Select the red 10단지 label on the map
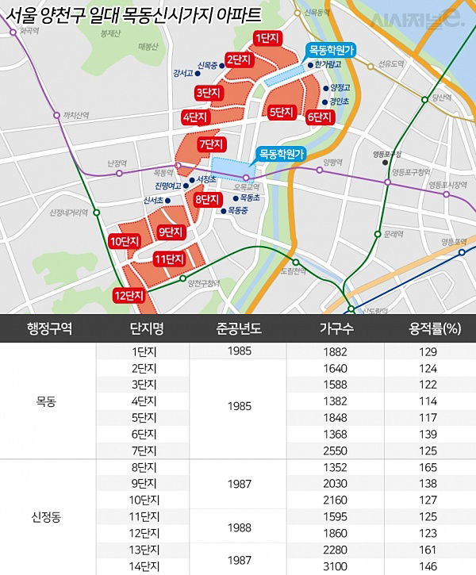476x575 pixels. click(125, 241)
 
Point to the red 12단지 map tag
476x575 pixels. click(129, 296)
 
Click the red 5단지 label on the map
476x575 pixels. click(283, 112)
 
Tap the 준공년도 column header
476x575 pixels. click(239, 329)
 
